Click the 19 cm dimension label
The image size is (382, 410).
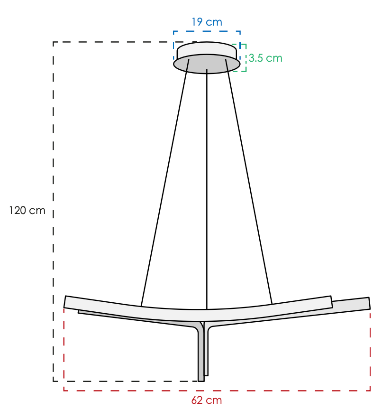tap(207, 22)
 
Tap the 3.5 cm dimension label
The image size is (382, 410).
tap(265, 58)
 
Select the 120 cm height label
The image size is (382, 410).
tap(27, 210)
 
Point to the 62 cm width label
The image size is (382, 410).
tap(207, 400)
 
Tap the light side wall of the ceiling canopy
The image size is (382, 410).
tap(207, 50)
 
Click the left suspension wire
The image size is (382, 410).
tap(165, 183)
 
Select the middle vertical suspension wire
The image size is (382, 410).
tap(207, 189)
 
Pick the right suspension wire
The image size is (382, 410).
tap(249, 182)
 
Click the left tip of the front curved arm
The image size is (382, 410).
tap(65, 302)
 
